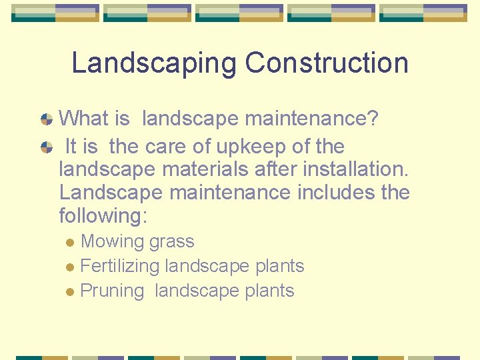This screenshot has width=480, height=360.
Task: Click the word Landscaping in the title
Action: coord(154,63)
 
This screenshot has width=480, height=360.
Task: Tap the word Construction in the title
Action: coord(327,63)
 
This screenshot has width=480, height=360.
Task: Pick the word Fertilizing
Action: coord(119,266)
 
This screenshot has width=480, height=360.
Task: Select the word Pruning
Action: coord(112,291)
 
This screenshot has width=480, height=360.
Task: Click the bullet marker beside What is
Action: coord(46,120)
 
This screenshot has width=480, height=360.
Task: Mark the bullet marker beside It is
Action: coord(46,147)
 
